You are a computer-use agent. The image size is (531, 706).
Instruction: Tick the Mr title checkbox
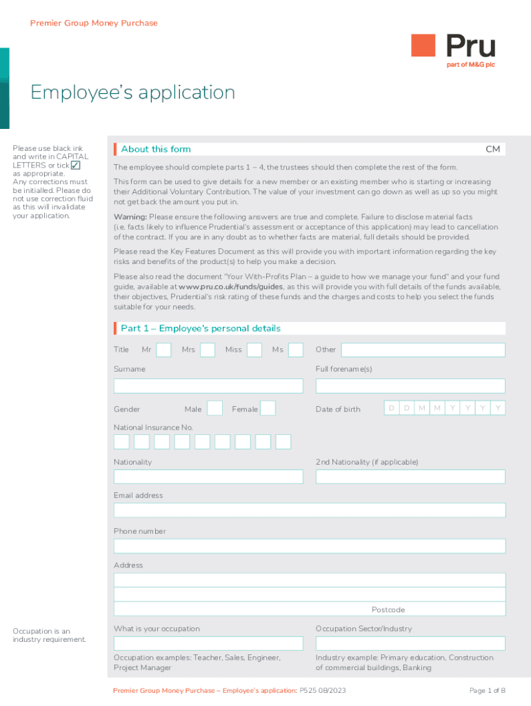[x=163, y=350]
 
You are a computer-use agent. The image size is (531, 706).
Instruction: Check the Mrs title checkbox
[x=206, y=350]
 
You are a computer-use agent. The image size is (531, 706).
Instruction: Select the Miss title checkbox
[x=254, y=350]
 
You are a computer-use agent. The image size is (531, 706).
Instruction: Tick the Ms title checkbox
[x=296, y=350]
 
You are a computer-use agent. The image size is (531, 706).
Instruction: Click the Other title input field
[x=423, y=350]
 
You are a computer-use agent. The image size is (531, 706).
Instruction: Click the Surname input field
[x=208, y=385]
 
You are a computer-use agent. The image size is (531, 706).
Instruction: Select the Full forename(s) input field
[x=410, y=385]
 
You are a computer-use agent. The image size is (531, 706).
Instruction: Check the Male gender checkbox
[x=214, y=408]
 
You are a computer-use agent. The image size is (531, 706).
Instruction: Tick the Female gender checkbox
[x=268, y=408]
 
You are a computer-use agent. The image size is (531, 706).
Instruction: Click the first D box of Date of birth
[x=391, y=408]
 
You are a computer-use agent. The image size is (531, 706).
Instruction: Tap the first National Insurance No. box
[x=121, y=442]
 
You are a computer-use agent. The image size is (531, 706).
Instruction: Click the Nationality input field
[x=208, y=476]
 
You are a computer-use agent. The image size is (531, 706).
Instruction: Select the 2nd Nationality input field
[x=410, y=476]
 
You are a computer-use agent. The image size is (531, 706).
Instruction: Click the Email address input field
[x=310, y=510]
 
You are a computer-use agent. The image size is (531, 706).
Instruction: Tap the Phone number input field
[x=310, y=546]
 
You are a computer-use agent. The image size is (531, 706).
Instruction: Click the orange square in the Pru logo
[x=423, y=46]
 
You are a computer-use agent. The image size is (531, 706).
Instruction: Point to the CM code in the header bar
[x=492, y=149]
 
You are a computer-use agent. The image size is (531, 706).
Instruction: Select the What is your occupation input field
[x=208, y=643]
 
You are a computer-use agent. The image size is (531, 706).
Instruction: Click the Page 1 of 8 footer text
[x=487, y=690]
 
